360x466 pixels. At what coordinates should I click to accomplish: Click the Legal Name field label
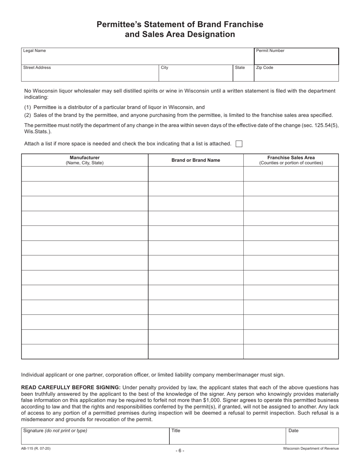[x=34, y=51]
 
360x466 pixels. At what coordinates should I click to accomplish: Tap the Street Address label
[x=37, y=68]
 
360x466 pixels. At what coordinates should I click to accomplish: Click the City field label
[x=164, y=68]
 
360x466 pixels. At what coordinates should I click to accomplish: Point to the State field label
[x=240, y=68]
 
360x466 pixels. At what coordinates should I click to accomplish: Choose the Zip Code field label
[x=265, y=68]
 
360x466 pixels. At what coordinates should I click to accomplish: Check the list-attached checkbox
[x=239, y=144]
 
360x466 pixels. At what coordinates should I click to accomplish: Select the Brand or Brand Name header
[x=196, y=160]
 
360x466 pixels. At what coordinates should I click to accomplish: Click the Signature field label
[x=55, y=431]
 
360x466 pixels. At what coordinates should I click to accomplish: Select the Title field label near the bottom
[x=176, y=431]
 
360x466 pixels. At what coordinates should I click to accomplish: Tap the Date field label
[x=293, y=431]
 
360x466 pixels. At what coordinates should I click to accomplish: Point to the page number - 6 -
[x=180, y=450]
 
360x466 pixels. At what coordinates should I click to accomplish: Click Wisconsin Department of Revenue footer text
[x=311, y=449]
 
